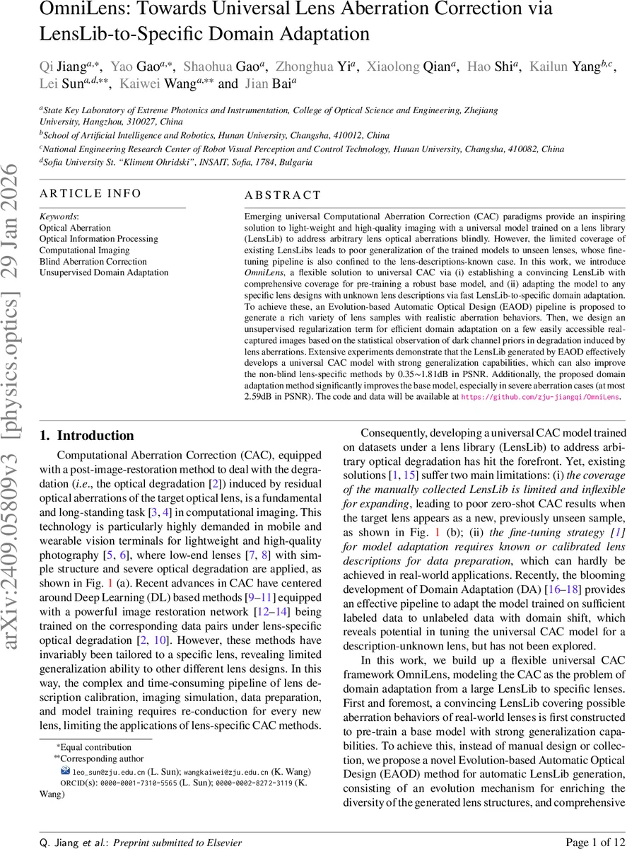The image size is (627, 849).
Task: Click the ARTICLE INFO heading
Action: click(x=90, y=194)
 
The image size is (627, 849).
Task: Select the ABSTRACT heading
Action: click(x=283, y=195)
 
